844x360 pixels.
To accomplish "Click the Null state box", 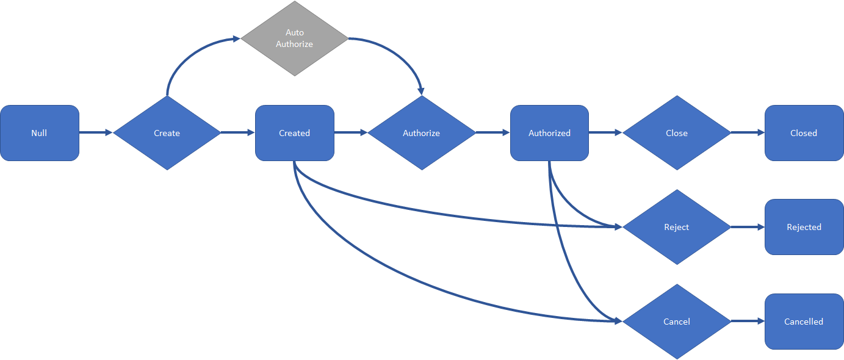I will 40,133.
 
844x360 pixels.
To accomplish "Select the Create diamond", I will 167,133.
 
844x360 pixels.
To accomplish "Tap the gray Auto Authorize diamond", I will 294,38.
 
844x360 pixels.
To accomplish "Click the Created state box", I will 294,133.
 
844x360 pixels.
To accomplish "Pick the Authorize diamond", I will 421,133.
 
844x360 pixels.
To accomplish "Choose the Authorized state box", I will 549,133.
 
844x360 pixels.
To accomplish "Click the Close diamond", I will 676,133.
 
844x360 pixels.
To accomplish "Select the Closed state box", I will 804,133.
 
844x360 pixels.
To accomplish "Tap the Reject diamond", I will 676,227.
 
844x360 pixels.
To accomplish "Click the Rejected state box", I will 804,227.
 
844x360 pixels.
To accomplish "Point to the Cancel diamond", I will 676,322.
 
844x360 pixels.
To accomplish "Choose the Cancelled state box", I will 804,322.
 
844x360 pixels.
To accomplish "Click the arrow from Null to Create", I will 96,132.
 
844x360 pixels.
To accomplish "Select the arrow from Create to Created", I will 237,132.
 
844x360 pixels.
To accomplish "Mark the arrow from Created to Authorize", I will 350,132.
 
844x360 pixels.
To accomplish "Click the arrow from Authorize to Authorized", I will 492,132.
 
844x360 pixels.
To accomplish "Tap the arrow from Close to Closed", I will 748,132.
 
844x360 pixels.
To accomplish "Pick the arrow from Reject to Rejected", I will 748,227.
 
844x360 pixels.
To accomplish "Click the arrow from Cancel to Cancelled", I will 748,321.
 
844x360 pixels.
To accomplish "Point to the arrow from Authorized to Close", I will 605,132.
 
